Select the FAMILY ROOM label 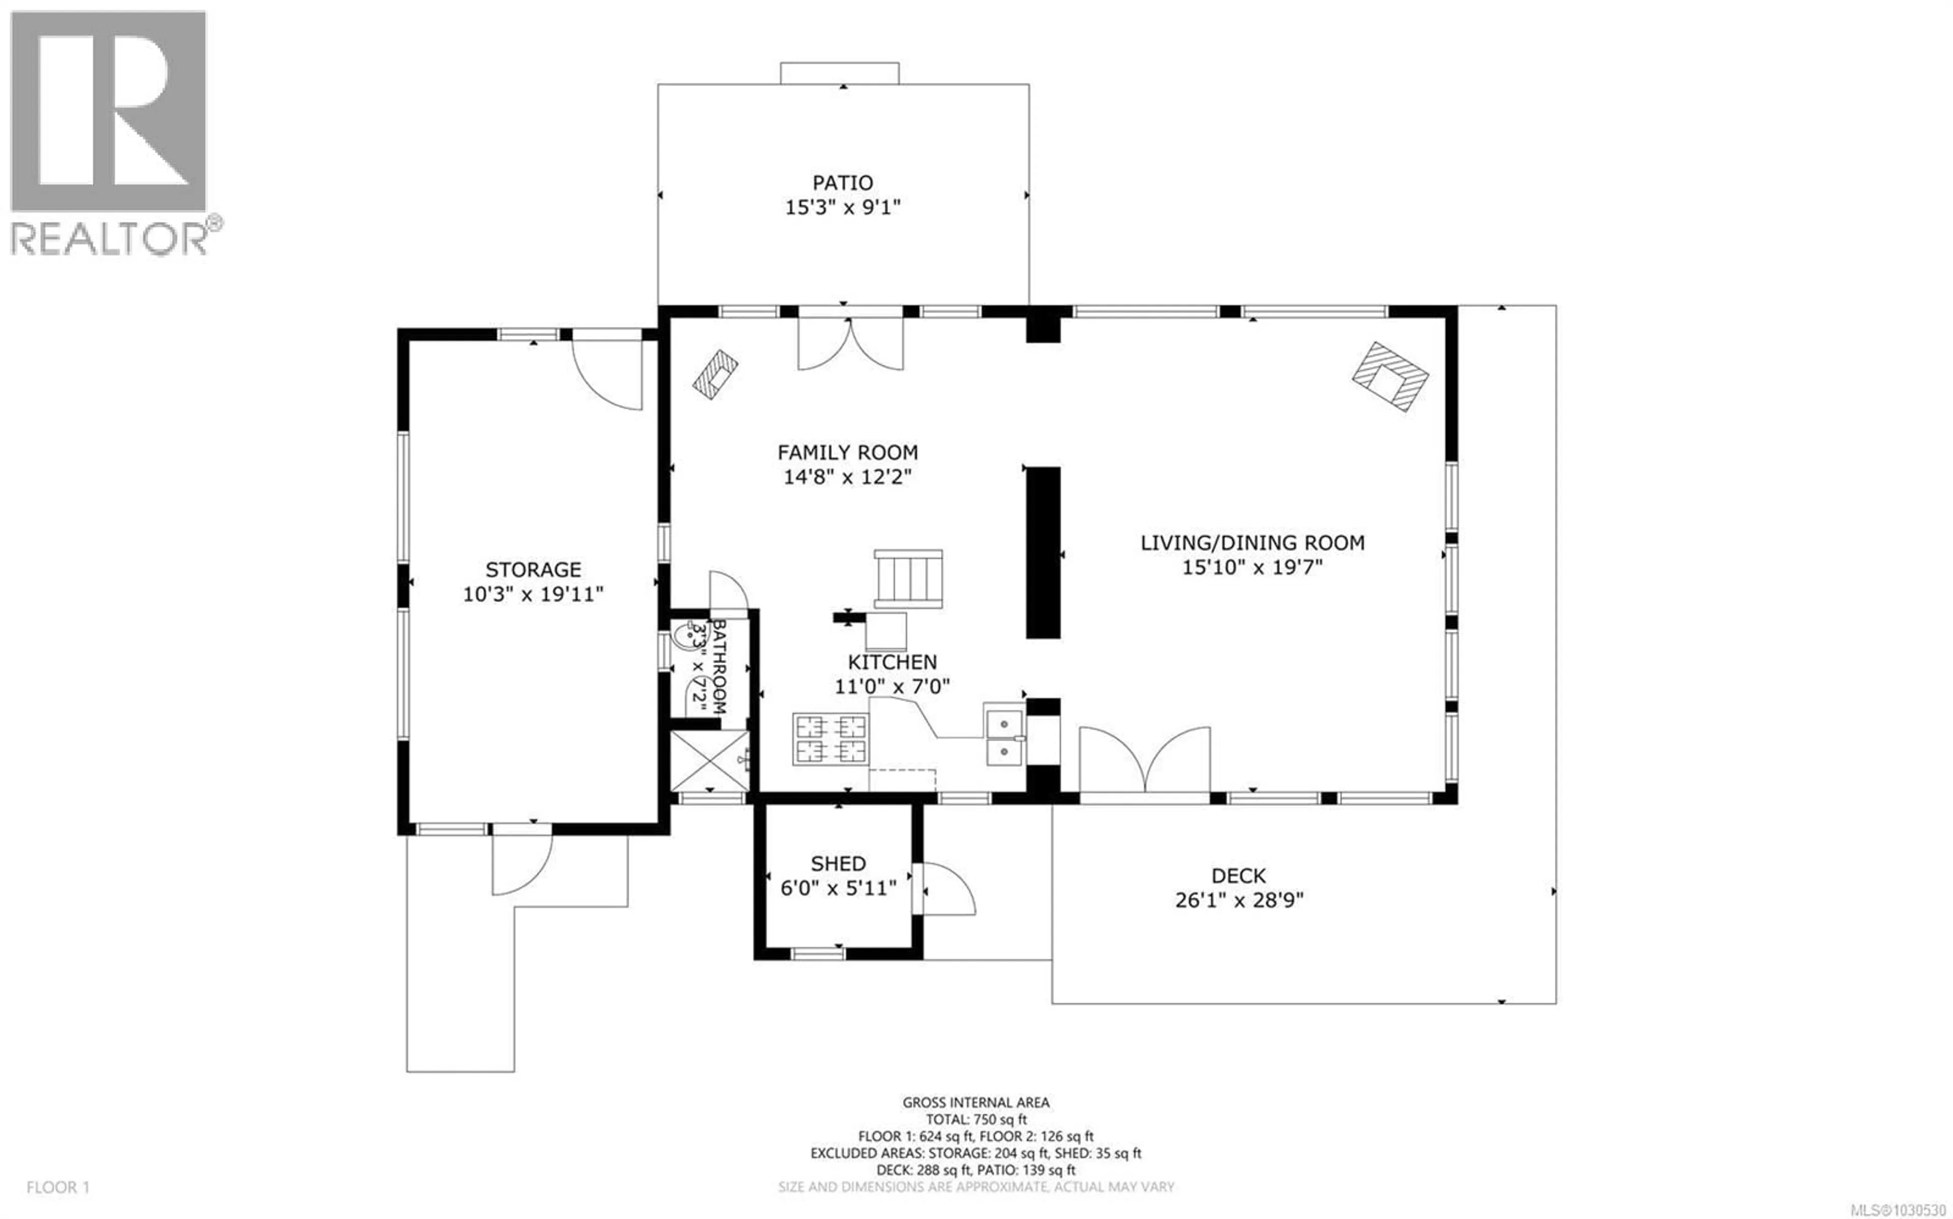tap(847, 452)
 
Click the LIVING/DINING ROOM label tap(1252, 542)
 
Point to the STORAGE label tap(533, 569)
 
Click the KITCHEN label tap(892, 662)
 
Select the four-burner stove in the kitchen tap(831, 739)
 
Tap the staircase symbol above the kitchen tap(908, 579)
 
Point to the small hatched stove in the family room tap(715, 373)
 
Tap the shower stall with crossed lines tap(709, 760)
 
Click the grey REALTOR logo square tap(108, 111)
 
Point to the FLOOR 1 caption tap(58, 1187)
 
